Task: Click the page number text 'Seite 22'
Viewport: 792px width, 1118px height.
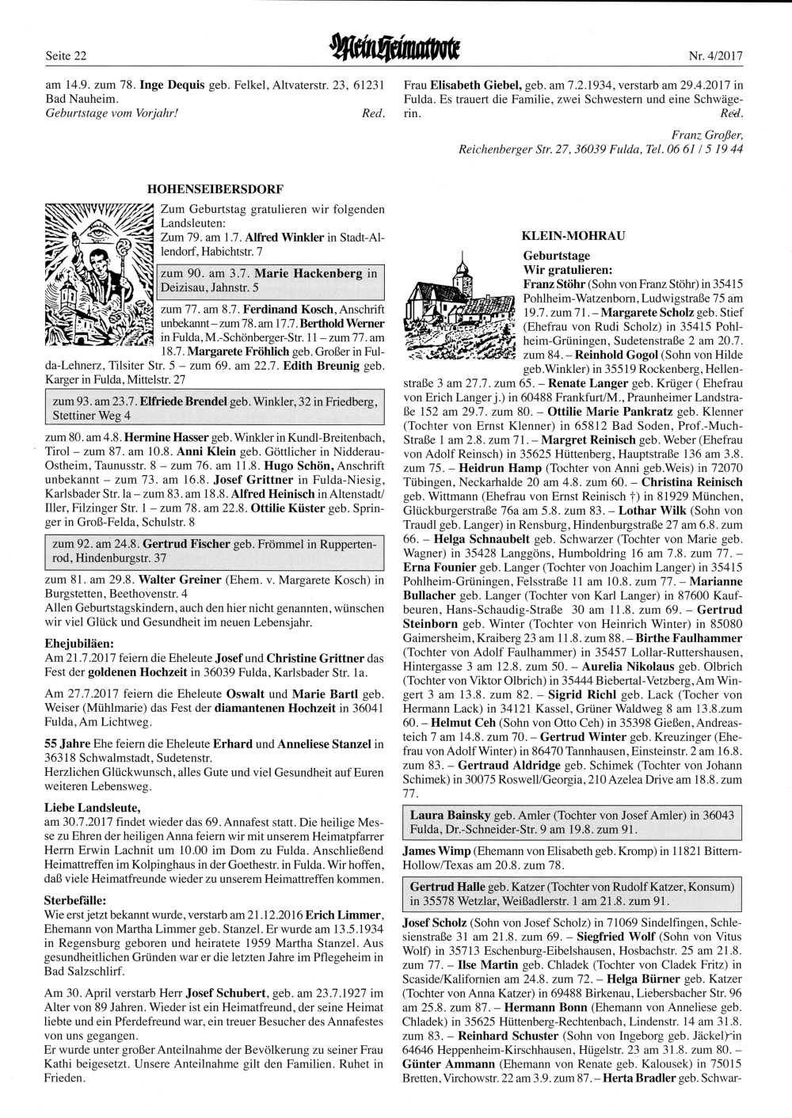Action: [x=65, y=55]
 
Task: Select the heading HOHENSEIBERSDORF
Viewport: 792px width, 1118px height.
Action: [x=215, y=189]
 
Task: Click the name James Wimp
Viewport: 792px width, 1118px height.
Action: [x=436, y=850]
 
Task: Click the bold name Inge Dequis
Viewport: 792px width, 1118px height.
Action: [x=172, y=85]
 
